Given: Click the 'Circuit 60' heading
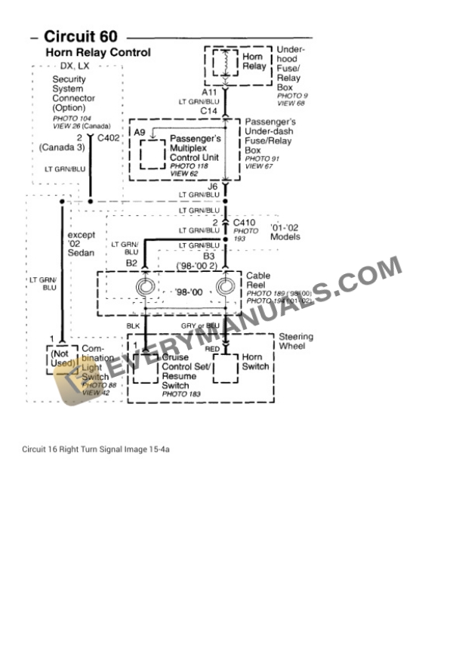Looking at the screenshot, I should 80,36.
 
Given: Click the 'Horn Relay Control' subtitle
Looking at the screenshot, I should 98,53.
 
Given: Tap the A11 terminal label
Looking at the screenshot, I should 209,91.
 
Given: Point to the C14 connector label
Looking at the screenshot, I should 209,111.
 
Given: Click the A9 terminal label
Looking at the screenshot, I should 140,132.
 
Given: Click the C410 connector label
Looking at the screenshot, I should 245,223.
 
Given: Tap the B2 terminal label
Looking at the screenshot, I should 131,263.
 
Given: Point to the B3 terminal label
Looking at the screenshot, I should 209,256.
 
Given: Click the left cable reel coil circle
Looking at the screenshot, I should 146,287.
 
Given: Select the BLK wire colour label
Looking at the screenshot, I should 133,325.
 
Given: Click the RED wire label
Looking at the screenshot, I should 212,349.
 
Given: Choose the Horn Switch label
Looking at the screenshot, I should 254,362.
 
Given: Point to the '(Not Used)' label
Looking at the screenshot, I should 63,358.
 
